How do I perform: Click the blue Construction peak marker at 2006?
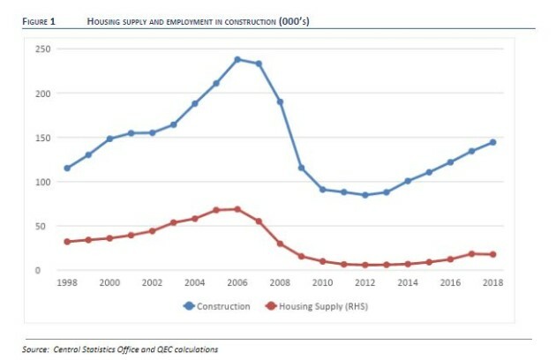(x=237, y=59)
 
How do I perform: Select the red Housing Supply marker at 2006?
(x=237, y=209)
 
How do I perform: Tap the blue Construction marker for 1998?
(x=67, y=168)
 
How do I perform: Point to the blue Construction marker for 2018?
(x=493, y=142)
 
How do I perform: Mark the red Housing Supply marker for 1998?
(x=67, y=241)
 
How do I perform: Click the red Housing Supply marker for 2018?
(x=493, y=254)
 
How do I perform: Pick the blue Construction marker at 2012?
(x=365, y=195)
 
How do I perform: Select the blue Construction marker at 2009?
(x=301, y=168)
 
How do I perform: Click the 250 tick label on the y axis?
(x=41, y=49)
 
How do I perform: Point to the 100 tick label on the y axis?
(x=41, y=182)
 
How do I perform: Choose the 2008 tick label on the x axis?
(x=280, y=282)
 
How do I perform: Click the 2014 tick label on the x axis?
(x=408, y=282)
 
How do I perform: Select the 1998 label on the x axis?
(x=67, y=282)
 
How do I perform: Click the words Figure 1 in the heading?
(x=40, y=20)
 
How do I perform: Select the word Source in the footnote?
(x=36, y=349)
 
